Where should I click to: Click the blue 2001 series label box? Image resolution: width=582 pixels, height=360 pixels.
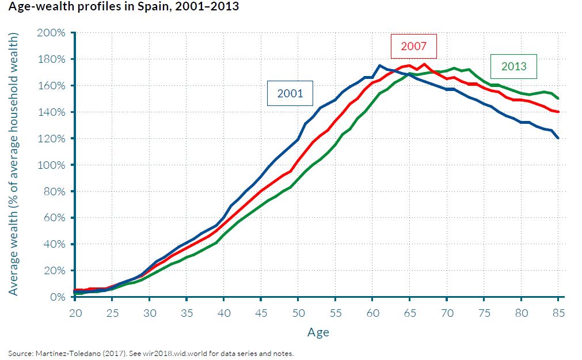[290, 93]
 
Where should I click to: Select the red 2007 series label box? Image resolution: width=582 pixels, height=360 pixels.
[413, 46]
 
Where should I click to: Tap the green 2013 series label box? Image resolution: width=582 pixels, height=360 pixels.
[513, 66]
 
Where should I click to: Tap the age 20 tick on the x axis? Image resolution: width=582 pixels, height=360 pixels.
[75, 313]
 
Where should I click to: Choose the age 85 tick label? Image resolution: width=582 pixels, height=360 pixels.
[557, 313]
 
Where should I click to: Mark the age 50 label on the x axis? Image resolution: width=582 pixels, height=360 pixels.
[298, 313]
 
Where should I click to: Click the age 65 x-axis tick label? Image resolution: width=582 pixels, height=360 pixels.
[409, 313]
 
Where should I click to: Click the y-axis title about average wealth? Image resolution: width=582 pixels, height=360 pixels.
[14, 165]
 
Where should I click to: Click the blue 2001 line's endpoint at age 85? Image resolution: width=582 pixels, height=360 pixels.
[558, 138]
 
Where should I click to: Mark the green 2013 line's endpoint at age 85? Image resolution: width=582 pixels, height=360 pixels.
[558, 98]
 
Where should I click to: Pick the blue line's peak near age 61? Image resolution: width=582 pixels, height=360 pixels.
[380, 66]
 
